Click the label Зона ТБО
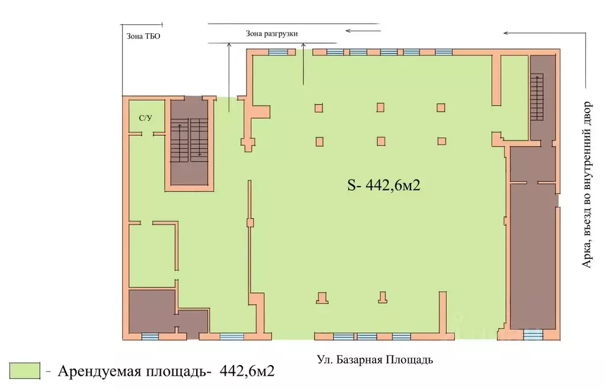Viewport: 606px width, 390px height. (143, 36)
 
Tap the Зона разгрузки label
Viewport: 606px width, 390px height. (272, 34)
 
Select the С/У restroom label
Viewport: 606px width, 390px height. (145, 118)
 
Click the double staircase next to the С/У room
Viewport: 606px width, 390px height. (190, 140)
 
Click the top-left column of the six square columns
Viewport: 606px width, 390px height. (319, 108)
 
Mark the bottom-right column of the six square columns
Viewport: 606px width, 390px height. (441, 141)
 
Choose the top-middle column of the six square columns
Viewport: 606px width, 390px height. (380, 108)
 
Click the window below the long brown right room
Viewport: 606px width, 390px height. (533, 335)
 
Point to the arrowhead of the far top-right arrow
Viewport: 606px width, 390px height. (505, 33)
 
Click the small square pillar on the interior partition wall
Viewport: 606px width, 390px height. (250, 222)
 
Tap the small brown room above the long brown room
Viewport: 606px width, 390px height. (533, 164)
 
